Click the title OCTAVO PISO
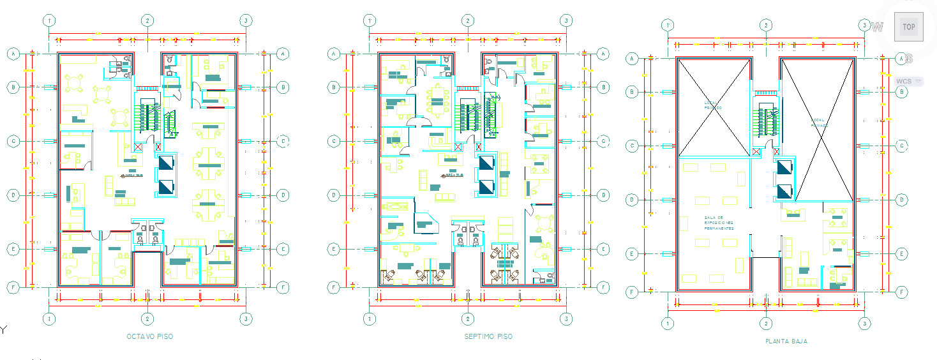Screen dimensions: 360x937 click(x=149, y=336)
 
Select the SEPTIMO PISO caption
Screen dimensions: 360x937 click(x=488, y=336)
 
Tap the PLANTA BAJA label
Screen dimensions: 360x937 click(x=786, y=341)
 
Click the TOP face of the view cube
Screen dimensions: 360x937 click(x=908, y=27)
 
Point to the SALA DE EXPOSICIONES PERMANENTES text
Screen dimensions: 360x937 click(x=719, y=223)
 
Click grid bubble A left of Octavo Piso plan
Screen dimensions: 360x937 click(x=12, y=54)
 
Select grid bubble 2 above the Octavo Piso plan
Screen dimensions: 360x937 click(x=147, y=20)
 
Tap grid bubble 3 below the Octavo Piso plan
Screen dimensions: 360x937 click(x=245, y=318)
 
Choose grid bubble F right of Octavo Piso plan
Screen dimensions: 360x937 click(x=283, y=288)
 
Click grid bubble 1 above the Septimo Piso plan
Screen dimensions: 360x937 click(x=369, y=20)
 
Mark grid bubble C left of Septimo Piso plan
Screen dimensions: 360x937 click(x=333, y=141)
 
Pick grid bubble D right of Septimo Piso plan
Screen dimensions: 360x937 click(x=604, y=195)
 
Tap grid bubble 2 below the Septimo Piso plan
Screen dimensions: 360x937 click(x=468, y=318)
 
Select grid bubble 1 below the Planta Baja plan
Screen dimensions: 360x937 click(x=668, y=323)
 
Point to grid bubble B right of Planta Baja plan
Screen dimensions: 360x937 click(x=902, y=92)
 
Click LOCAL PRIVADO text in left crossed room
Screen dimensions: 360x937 click(x=714, y=105)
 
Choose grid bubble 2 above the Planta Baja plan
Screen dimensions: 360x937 click(x=765, y=25)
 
